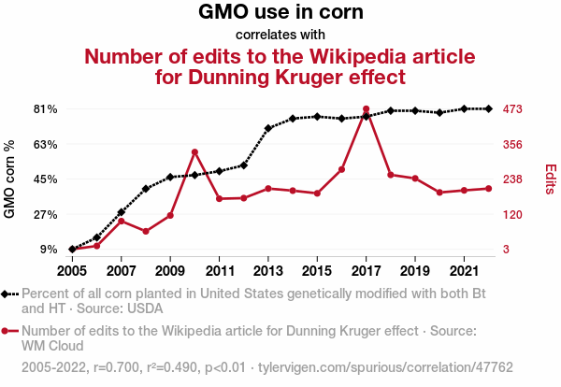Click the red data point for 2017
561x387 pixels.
point(366,109)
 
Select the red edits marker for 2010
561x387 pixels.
point(194,151)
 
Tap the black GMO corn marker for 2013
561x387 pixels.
point(268,128)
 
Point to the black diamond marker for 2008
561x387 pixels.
point(146,188)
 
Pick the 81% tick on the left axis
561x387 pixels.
point(46,109)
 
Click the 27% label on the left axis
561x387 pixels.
point(46,214)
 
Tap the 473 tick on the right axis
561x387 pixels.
point(512,109)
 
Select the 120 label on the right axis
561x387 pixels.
point(512,214)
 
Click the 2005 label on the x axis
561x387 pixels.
point(72,271)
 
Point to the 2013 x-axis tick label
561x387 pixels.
point(268,271)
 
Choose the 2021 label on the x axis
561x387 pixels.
point(465,271)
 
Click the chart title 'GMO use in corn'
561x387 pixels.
point(280,13)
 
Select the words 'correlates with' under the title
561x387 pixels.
point(280,35)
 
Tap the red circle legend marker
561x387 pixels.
point(8,331)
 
